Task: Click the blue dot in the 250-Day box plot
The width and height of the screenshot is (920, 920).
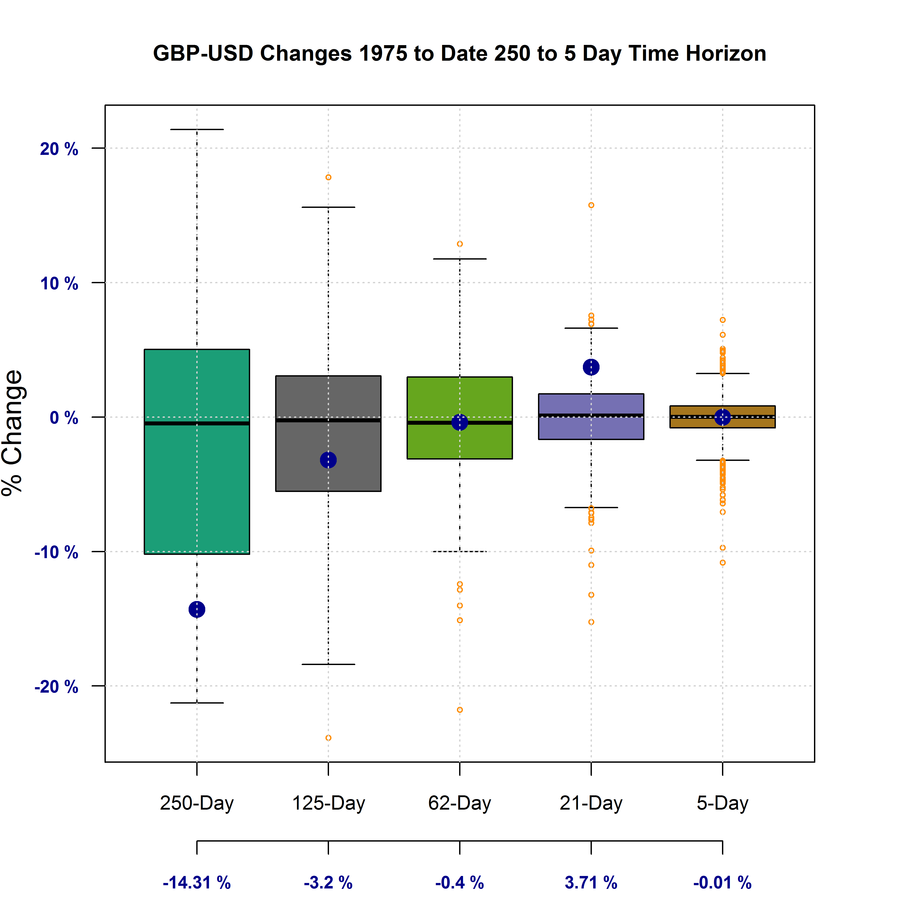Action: pos(197,609)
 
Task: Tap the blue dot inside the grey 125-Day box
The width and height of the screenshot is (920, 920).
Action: pos(328,460)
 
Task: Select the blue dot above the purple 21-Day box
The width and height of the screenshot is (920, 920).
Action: pos(591,367)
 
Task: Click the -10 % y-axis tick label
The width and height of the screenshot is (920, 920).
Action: pos(56,552)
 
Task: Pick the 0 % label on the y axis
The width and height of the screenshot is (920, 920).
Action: pos(64,418)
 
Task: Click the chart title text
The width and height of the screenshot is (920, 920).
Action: pos(460,53)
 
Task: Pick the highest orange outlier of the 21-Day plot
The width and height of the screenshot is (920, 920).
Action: pos(591,205)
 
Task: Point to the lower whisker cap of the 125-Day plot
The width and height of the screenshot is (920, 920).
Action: pos(328,664)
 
